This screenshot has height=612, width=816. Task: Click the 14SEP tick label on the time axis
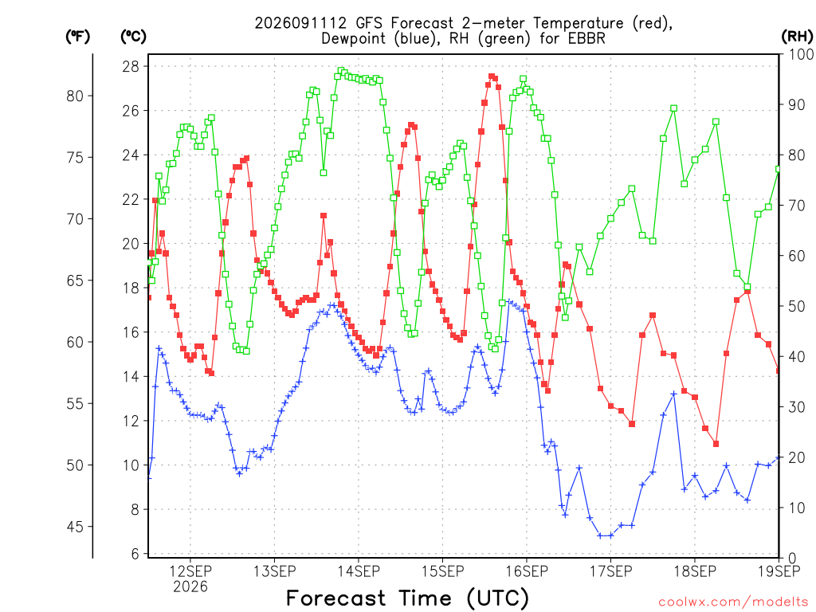coord(359,571)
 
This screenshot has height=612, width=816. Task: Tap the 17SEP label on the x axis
coord(611,571)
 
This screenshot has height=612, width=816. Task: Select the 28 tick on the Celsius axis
coord(131,67)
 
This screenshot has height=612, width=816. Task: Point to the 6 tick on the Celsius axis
coord(135,554)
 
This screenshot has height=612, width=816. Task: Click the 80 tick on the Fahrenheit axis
coord(75,96)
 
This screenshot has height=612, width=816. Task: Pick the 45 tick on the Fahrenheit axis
coord(75,527)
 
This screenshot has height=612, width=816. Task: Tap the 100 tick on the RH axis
coord(802,54)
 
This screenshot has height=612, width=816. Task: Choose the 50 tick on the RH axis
coord(797,306)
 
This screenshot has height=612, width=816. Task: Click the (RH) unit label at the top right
coord(797,37)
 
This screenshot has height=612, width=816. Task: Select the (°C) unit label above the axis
coord(133,37)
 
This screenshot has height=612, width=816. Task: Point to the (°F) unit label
coord(77,37)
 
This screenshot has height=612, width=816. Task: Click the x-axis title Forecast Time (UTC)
coord(407,598)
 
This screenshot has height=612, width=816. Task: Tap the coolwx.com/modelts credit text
coord(733,602)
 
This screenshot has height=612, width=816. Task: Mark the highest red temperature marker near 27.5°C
coord(491,76)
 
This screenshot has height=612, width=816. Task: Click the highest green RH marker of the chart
coord(341,70)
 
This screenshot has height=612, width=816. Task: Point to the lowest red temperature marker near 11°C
coord(716,444)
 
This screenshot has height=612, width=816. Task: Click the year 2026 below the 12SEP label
coord(190,587)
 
